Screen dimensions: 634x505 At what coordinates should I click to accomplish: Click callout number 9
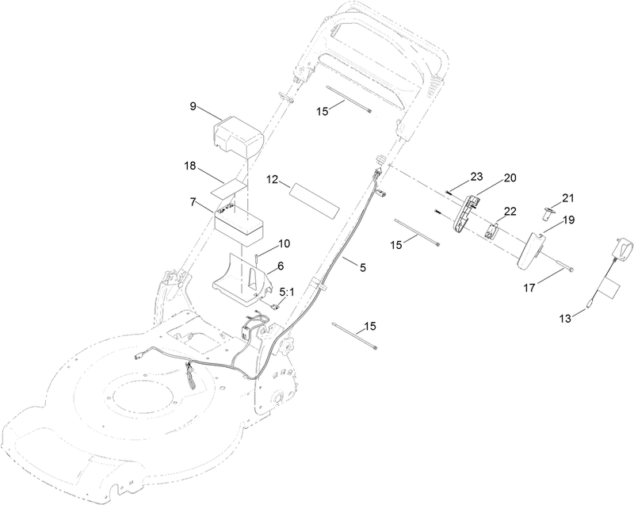click(x=193, y=106)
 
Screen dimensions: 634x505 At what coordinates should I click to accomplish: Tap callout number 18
click(x=189, y=166)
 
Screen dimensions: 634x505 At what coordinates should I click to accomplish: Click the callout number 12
click(x=273, y=179)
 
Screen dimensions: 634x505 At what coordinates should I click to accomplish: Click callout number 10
click(x=284, y=244)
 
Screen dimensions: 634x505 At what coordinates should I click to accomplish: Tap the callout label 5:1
click(x=288, y=292)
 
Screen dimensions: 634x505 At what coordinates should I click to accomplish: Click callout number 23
click(x=476, y=177)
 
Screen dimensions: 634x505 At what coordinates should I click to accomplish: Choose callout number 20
click(x=510, y=178)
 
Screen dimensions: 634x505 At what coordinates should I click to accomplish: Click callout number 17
click(x=529, y=288)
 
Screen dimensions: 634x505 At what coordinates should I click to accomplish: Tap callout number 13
click(x=565, y=319)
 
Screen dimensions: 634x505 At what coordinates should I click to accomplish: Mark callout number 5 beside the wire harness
click(x=363, y=267)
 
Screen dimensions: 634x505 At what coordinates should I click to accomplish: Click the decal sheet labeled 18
click(x=229, y=189)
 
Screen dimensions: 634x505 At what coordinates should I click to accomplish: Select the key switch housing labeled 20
click(x=465, y=214)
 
